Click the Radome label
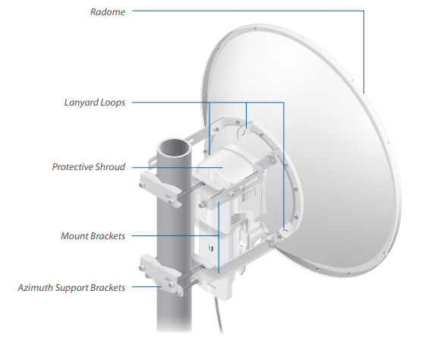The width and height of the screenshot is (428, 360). tap(108, 12)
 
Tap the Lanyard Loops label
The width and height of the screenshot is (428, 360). tap(95, 103)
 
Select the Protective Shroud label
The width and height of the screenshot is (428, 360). tap(89, 167)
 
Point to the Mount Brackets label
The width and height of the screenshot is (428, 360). tap(93, 236)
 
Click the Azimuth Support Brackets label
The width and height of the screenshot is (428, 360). tap(71, 288)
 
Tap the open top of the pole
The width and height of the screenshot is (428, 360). tap(174, 148)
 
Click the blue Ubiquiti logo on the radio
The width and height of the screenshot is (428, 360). tap(212, 248)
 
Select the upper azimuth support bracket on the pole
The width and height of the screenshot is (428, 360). tap(161, 189)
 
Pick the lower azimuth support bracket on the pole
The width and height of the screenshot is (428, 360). tap(161, 274)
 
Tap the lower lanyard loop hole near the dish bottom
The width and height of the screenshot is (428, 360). tap(285, 232)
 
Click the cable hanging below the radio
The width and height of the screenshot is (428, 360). tap(218, 314)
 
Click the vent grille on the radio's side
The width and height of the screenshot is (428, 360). tap(235, 219)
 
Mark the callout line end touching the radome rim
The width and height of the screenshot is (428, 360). tap(363, 93)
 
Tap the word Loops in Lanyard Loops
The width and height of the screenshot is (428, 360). tap(113, 103)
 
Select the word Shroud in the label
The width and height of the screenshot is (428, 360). tap(110, 167)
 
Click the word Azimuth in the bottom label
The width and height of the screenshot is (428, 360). tap(35, 288)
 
